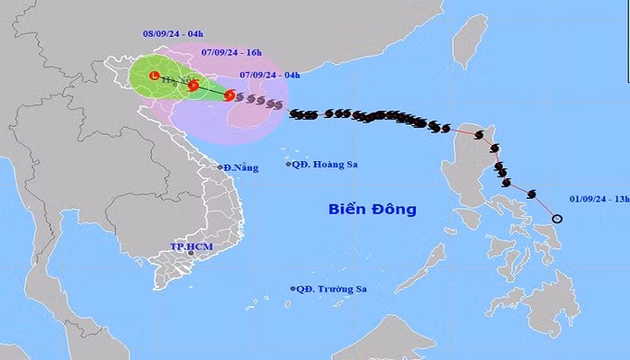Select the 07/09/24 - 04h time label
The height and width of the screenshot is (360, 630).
point(271,75)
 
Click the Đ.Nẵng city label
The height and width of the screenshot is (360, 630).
point(242,167)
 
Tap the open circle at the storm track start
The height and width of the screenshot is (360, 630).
point(557,219)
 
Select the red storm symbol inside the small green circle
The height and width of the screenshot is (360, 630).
point(193,85)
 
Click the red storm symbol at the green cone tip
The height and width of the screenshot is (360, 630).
point(229,95)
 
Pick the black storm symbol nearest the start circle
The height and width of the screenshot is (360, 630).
point(531,193)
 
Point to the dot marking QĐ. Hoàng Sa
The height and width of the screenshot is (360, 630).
point(289,164)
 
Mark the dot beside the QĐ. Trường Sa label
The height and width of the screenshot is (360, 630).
point(293,288)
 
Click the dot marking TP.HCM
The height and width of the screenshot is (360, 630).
point(191,255)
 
